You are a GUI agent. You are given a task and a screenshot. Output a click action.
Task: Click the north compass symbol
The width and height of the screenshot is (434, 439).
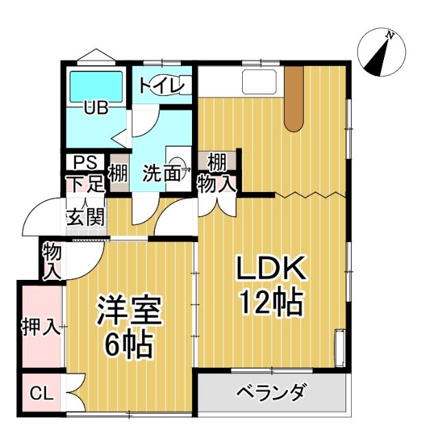pyautogui.click(x=383, y=54)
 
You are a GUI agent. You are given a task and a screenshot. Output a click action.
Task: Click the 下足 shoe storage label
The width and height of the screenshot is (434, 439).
pyautogui.click(x=84, y=183)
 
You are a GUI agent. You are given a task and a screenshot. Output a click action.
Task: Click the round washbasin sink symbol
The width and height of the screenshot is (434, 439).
pyautogui.click(x=177, y=165)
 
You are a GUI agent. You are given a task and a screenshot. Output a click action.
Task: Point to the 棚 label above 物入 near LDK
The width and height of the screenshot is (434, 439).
pyautogui.click(x=217, y=163)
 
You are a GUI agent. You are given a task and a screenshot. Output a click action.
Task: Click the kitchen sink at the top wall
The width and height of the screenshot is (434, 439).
pyautogui.click(x=258, y=82)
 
